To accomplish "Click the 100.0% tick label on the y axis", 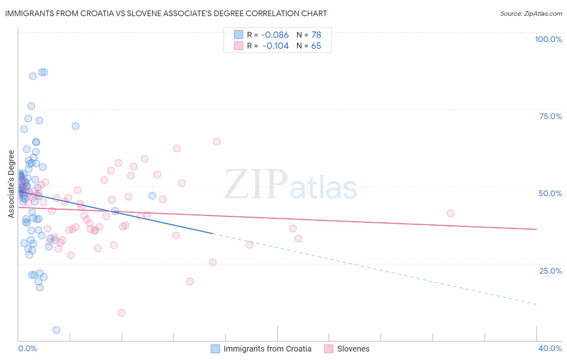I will [x=548, y=39].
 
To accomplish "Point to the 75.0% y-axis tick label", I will [x=550, y=116].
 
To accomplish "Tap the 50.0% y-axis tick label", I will [x=550, y=193].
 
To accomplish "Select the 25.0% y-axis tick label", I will [x=550, y=270].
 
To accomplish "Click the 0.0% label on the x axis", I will [x=27, y=348].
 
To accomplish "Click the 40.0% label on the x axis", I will [x=550, y=348].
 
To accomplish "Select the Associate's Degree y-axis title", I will [x=11, y=184].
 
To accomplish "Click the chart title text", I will [x=166, y=13].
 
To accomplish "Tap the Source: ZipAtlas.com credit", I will [x=531, y=13].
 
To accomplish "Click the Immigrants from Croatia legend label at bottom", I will [x=267, y=349].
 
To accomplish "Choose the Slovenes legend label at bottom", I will [x=353, y=349].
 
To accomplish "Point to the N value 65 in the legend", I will [x=316, y=46].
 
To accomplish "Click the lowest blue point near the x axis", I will [x=56, y=330].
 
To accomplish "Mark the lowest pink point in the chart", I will [x=121, y=313].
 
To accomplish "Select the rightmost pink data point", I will [x=450, y=213].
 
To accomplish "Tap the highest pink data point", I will [x=217, y=142].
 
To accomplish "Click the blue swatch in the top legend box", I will [x=239, y=35].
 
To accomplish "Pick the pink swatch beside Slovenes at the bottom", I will [x=329, y=349].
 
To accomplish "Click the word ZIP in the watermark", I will [x=256, y=184].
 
